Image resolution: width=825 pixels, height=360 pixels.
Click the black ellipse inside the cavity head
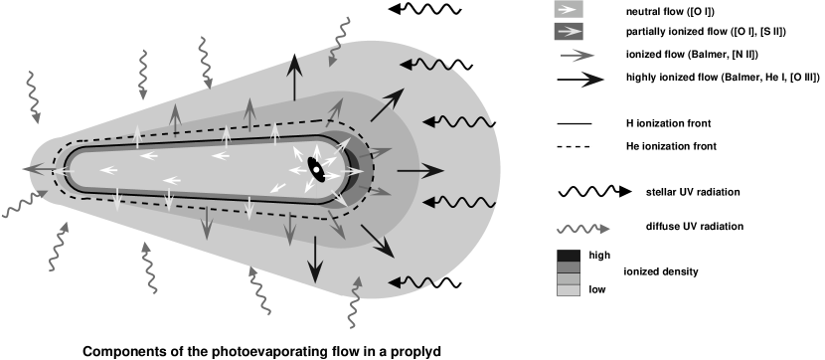pyautogui.click(x=316, y=168)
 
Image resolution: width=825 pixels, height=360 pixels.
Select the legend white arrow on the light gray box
pyautogui.click(x=568, y=8)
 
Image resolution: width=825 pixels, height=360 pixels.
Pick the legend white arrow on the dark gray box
pyautogui.click(x=568, y=31)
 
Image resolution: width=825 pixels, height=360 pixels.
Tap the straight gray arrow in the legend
pyautogui.click(x=577, y=56)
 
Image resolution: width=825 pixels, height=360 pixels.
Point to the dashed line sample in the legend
pyautogui.click(x=577, y=147)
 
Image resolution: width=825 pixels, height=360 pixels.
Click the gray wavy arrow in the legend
pyautogui.click(x=582, y=229)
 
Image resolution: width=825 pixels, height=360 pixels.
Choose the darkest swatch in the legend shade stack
pyautogui.click(x=568, y=256)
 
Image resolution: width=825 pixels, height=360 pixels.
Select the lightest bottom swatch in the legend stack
pyautogui.click(x=568, y=290)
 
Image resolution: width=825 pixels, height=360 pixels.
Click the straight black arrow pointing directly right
pyautogui.click(x=419, y=171)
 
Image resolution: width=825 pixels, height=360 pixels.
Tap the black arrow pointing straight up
pyautogui.click(x=294, y=78)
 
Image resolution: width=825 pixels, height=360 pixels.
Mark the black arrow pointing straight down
pyautogui.click(x=315, y=259)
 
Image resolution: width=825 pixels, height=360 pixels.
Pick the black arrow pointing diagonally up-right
pyautogui.click(x=388, y=104)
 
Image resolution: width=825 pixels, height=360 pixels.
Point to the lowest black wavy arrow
pyautogui.click(x=412, y=282)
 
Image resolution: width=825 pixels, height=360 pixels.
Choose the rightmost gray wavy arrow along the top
pyautogui.click(x=340, y=40)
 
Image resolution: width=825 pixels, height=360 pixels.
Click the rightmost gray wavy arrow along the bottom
pyautogui.click(x=354, y=302)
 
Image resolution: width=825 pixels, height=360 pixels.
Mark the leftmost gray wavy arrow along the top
pyautogui.click(x=33, y=96)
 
